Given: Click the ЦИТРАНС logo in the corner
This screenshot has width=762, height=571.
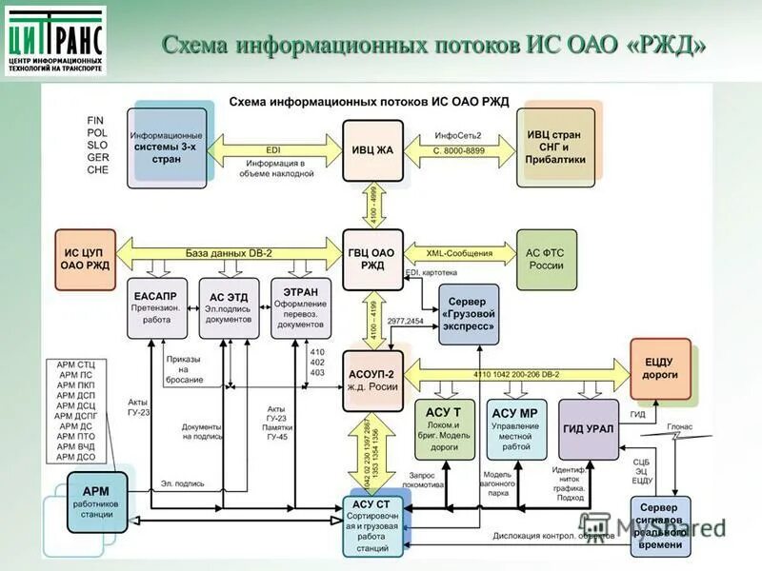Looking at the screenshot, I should tap(56, 42).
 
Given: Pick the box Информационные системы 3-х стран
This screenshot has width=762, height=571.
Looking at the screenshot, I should tap(168, 148).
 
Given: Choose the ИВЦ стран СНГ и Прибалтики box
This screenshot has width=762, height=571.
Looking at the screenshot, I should tap(554, 148).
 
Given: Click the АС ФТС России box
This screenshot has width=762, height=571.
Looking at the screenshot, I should tap(545, 259).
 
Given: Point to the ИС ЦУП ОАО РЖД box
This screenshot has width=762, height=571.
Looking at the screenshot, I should tap(87, 259).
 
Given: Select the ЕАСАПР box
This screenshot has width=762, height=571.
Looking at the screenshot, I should tap(156, 307).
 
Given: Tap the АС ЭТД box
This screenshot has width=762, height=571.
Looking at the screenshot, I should tap(229, 307).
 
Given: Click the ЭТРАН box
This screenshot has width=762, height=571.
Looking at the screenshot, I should tap(301, 307).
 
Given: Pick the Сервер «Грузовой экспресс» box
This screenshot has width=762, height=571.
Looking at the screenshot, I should tap(469, 314).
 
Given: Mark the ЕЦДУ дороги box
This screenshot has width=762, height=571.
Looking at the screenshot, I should tap(659, 369).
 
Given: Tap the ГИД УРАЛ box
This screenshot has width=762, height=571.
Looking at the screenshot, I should tap(588, 429).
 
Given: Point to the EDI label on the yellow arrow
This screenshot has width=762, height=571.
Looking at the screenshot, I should tap(273, 149).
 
